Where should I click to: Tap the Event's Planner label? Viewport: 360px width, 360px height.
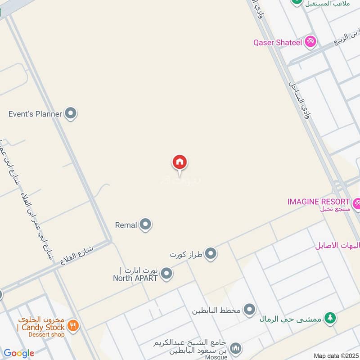click(35, 114)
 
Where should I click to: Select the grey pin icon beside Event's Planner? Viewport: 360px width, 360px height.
click(71, 113)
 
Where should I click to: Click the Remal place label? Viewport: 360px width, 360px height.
click(126, 225)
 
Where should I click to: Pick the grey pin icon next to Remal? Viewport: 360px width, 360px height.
click(145, 225)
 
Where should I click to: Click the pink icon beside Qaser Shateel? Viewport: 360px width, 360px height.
click(310, 43)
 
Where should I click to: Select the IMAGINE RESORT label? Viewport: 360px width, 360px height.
click(319, 202)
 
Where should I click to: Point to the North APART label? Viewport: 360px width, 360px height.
click(135, 278)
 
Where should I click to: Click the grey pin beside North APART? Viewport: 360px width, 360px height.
click(167, 274)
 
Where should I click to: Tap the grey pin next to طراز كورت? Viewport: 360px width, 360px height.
click(211, 255)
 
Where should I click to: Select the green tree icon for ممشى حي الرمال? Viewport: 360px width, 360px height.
click(330, 318)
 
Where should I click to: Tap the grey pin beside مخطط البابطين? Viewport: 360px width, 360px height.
click(249, 310)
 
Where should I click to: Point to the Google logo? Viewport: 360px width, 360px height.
click(18, 353)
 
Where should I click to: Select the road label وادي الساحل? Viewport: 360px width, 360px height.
click(299, 99)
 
